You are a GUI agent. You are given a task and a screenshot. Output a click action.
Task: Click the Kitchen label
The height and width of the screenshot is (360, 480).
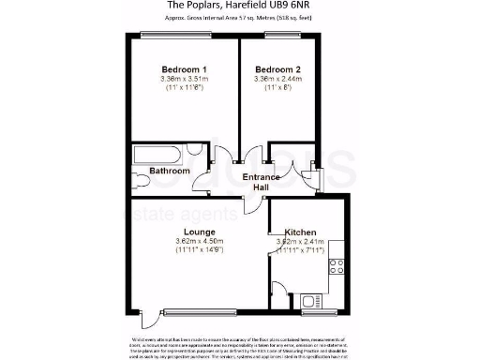pyautogui.click(x=301, y=232)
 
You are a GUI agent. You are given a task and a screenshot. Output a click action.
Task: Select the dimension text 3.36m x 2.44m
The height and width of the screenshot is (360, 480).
pyautogui.click(x=277, y=81)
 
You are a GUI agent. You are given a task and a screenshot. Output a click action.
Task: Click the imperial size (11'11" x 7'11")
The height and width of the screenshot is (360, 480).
pyautogui.click(x=301, y=252)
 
